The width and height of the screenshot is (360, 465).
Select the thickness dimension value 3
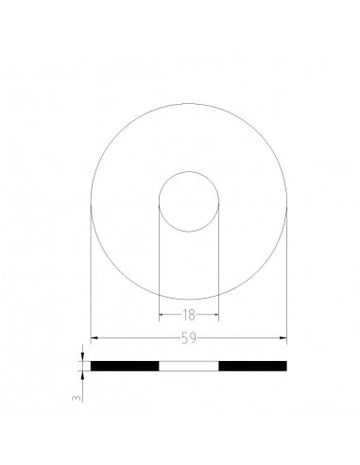pyautogui.click(x=74, y=401)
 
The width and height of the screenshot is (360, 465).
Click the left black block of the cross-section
pyautogui.click(x=125, y=365)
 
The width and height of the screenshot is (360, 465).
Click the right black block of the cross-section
pyautogui.click(x=252, y=365)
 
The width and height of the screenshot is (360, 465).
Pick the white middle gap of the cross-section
pyautogui.click(x=189, y=365)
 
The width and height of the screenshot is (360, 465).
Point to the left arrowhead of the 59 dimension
pyautogui.click(x=94, y=338)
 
